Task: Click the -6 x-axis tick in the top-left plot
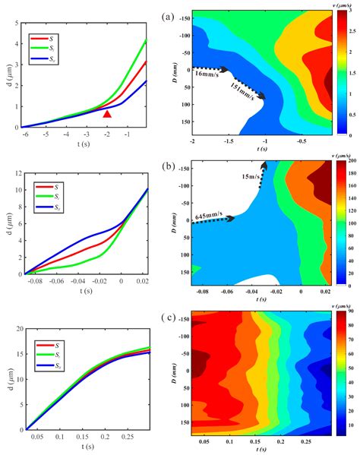tap(25, 134)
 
